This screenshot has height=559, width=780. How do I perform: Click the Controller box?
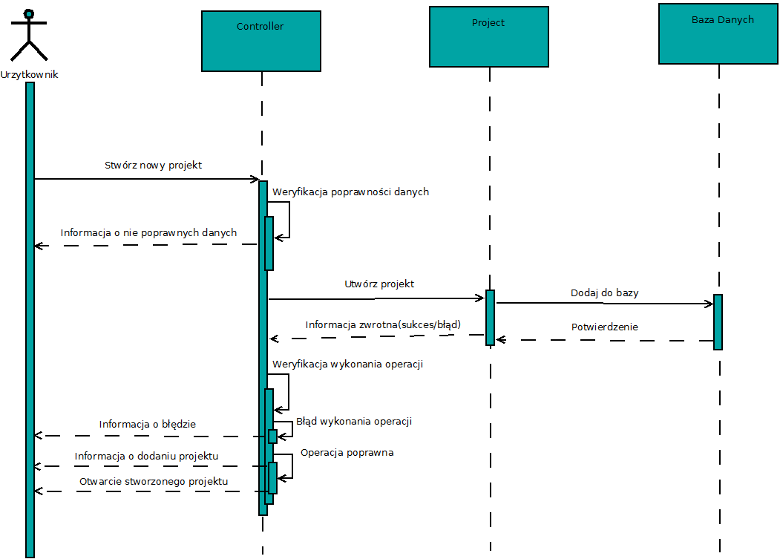tap(261, 41)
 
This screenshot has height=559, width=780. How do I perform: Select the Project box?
tap(488, 36)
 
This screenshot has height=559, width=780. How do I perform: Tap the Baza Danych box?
tap(718, 34)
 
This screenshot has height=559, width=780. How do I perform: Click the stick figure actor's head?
tap(29, 13)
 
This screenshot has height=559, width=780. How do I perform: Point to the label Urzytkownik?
tap(30, 74)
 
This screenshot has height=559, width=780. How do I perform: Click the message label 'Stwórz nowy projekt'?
tap(153, 165)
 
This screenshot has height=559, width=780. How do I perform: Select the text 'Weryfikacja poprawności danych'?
tap(350, 192)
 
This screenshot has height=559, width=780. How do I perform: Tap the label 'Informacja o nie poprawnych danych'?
tap(148, 232)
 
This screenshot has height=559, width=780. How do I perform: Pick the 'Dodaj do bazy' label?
tap(604, 292)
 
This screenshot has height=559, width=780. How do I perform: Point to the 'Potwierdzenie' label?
tap(604, 327)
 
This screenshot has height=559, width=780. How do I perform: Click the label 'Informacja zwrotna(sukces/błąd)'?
tap(383, 324)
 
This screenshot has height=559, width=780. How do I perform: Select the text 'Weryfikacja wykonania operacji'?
tap(347, 364)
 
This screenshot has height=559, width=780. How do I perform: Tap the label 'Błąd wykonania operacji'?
tap(353, 421)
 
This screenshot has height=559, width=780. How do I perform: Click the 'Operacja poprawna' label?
tap(347, 452)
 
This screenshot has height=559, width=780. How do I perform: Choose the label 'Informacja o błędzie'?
tap(147, 425)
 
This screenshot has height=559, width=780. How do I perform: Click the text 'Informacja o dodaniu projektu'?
tap(146, 456)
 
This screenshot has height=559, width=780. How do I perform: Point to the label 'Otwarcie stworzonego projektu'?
tap(153, 481)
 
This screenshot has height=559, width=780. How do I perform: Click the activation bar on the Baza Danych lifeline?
tap(718, 321)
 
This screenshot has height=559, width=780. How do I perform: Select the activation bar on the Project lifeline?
tap(490, 317)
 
